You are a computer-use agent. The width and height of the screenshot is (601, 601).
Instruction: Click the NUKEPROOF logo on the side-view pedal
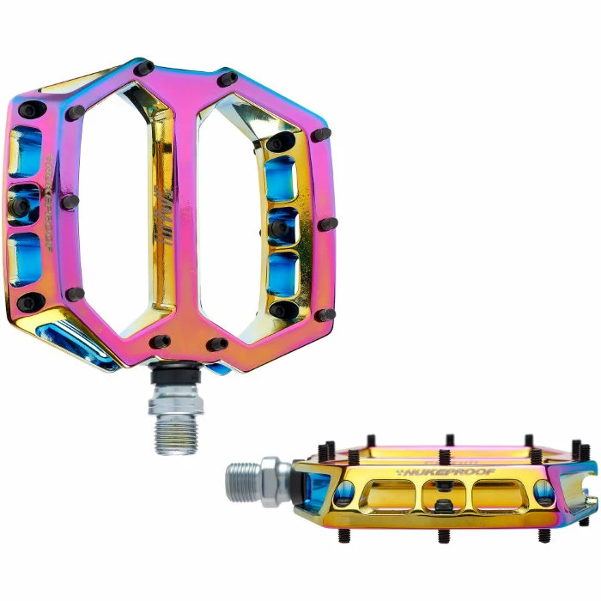click(x=423, y=471)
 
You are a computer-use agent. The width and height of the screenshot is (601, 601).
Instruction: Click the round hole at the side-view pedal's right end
click(x=544, y=490)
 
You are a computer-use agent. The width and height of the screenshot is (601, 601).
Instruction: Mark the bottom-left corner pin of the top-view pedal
click(x=27, y=302)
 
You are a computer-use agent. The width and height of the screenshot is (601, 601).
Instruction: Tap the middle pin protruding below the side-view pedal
click(x=443, y=536)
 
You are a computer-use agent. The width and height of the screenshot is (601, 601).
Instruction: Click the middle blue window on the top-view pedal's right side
click(x=282, y=226)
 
